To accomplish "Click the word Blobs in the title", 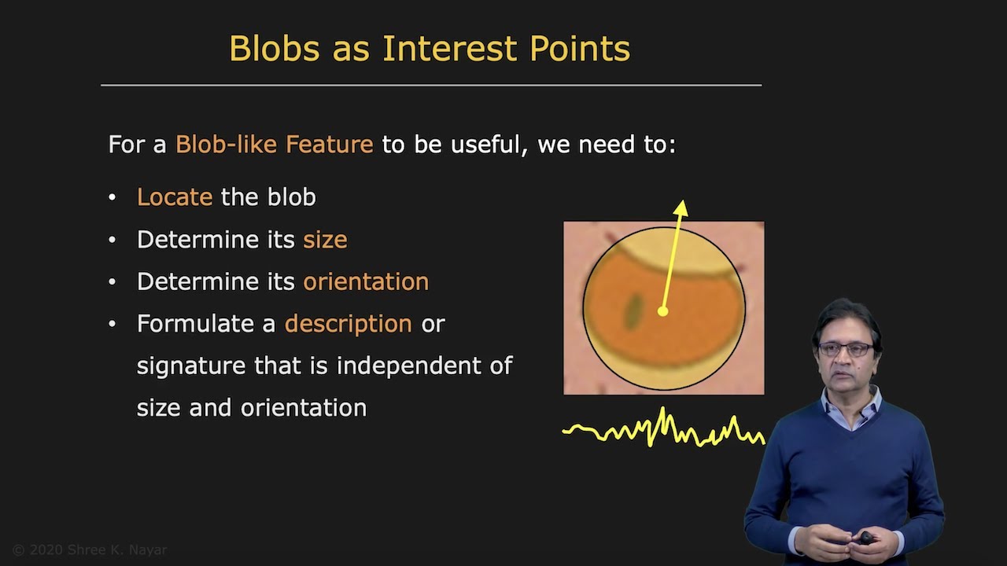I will [x=275, y=49].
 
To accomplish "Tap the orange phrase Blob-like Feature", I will [x=274, y=145].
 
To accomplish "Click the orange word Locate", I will [x=175, y=197].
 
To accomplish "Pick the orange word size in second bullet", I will [x=325, y=240].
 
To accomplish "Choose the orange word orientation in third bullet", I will [x=366, y=281].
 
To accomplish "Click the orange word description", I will [x=348, y=324].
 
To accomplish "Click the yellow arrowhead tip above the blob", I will [x=681, y=207].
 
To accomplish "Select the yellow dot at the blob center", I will [x=662, y=312].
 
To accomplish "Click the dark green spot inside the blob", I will [x=632, y=311].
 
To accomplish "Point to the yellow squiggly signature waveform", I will [x=663, y=429].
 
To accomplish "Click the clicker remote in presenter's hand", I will [x=865, y=538].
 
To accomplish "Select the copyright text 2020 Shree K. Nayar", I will [x=90, y=550].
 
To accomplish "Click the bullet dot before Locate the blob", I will [x=113, y=197].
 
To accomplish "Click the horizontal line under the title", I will [x=431, y=84].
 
